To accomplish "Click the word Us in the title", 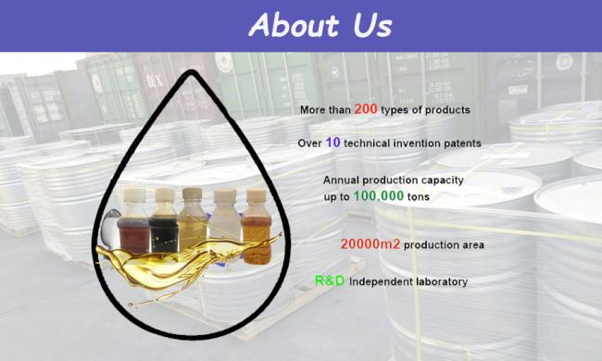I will (x=370, y=25).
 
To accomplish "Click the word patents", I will (x=459, y=144).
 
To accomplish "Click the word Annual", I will (x=342, y=180).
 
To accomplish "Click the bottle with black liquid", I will (x=167, y=222).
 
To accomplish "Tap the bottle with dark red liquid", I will (x=136, y=222).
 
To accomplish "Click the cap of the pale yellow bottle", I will (x=194, y=193).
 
